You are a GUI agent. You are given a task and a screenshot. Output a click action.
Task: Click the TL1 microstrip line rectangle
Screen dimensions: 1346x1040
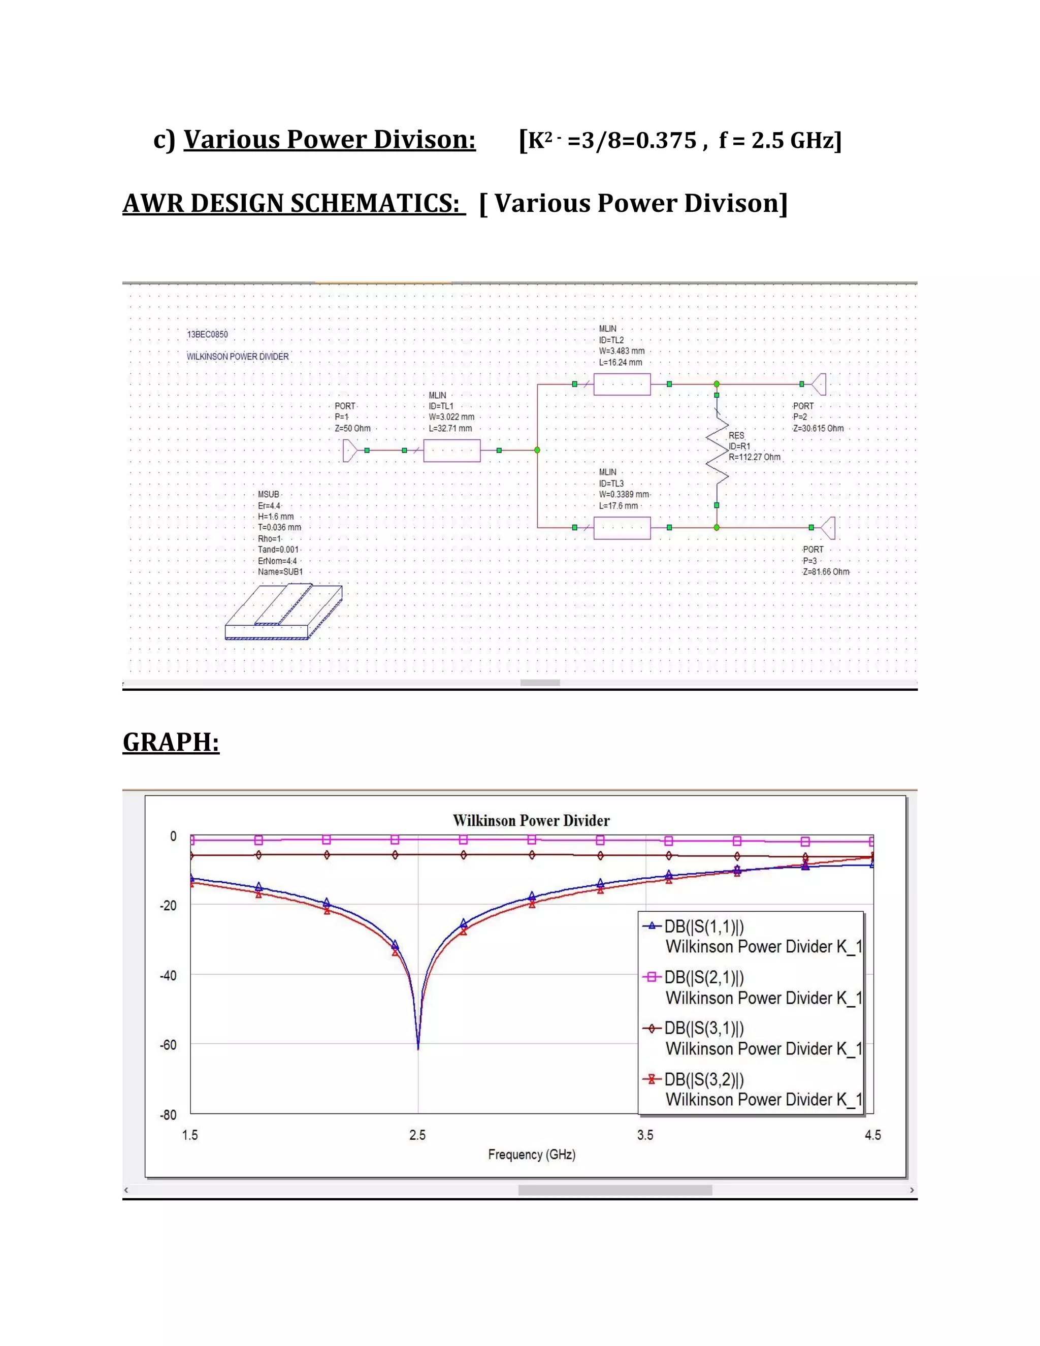pos(451,451)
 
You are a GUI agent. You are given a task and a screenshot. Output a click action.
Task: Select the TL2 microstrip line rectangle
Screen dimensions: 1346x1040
pos(622,384)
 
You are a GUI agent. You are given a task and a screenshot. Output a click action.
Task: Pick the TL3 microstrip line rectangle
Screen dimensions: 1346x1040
pos(622,528)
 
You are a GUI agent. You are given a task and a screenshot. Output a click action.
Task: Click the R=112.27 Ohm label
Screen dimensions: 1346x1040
pos(754,457)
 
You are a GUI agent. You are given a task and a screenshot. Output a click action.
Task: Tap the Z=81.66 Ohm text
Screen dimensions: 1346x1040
pos(826,572)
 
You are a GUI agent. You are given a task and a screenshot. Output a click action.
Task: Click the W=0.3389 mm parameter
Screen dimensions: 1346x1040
pos(624,494)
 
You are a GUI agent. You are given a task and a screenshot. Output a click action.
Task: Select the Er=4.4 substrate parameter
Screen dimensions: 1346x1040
pos(269,506)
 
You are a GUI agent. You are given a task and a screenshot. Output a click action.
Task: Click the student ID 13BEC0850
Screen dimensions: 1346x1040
pos(208,335)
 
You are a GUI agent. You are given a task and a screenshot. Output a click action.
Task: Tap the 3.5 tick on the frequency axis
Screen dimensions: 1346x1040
pos(645,1135)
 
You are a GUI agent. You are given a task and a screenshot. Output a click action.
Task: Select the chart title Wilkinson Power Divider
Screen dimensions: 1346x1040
pos(531,820)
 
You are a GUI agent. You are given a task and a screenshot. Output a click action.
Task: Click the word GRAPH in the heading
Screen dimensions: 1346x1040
pos(171,742)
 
